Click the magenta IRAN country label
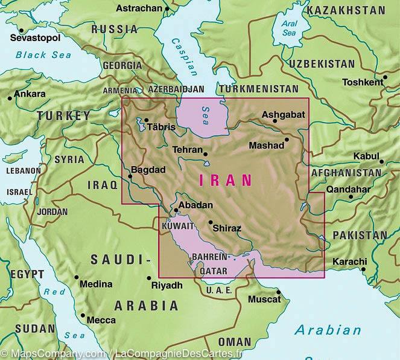point(224,179)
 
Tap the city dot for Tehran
point(205,153)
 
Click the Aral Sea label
point(290,28)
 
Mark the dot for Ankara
point(10,98)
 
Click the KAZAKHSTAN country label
point(345,10)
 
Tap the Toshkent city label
point(362,82)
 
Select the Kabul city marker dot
point(381,161)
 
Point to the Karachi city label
point(349,262)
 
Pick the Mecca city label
point(101,320)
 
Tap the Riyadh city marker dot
point(149,278)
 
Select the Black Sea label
point(43,55)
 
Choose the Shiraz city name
point(227,228)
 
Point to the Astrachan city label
point(139,8)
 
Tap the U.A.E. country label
point(219,291)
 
